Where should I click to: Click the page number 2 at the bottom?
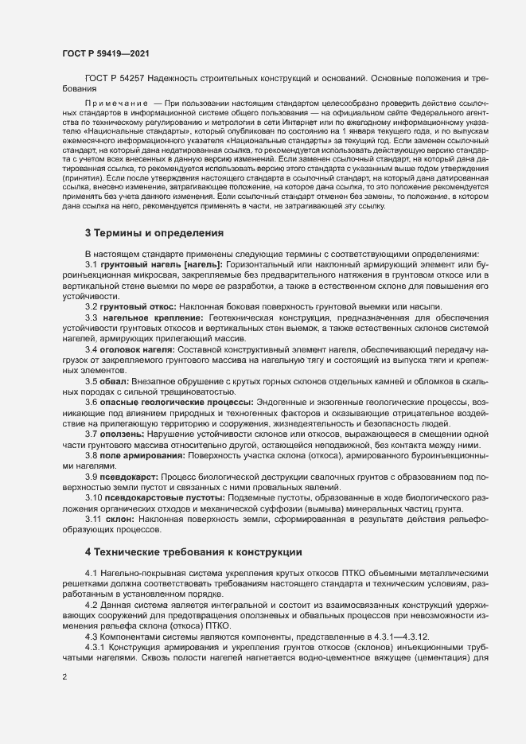(x=65, y=679)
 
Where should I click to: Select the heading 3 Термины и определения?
(x=154, y=233)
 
